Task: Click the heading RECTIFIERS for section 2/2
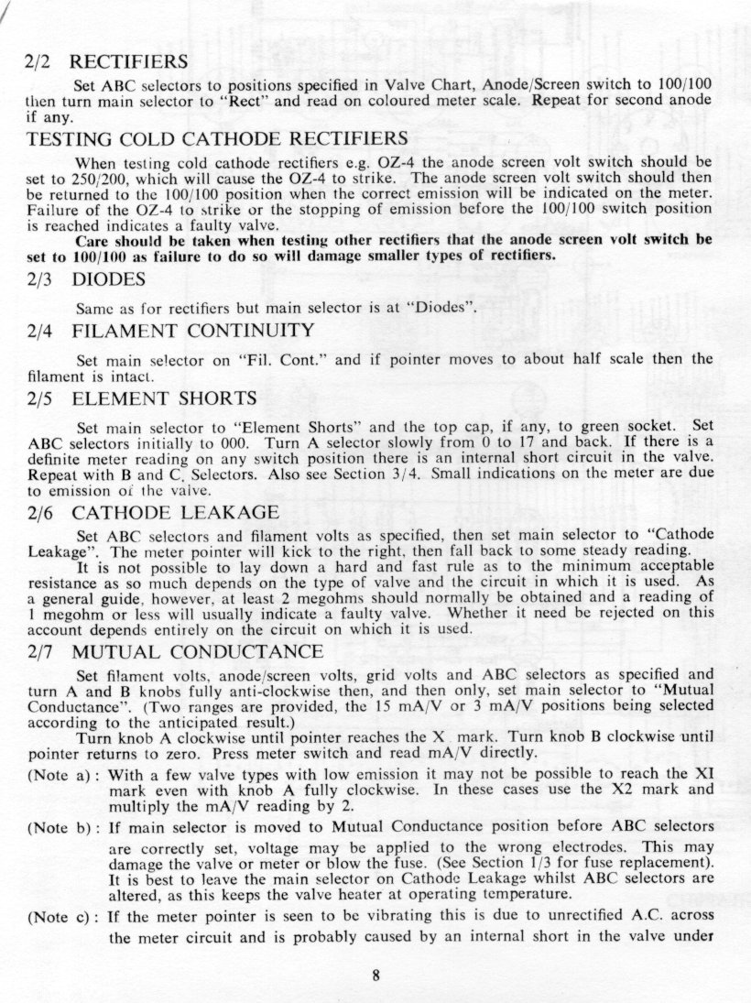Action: pos(129,62)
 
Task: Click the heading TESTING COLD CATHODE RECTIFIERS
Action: pos(217,139)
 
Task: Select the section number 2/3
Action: pos(41,279)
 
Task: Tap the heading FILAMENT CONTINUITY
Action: pos(193,330)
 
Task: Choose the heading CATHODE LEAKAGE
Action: pos(171,512)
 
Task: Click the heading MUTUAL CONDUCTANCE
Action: pos(197,651)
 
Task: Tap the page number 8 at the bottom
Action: pos(375,974)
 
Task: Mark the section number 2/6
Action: pos(41,512)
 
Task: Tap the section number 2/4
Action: pos(41,330)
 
